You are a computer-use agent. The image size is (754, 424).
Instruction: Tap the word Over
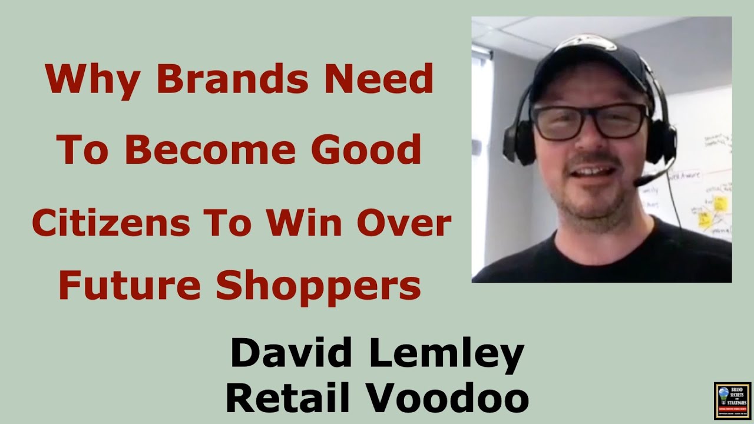(x=405, y=223)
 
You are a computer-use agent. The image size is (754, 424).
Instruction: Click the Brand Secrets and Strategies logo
(x=732, y=401)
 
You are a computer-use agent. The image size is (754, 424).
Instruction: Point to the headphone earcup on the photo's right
(x=662, y=141)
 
